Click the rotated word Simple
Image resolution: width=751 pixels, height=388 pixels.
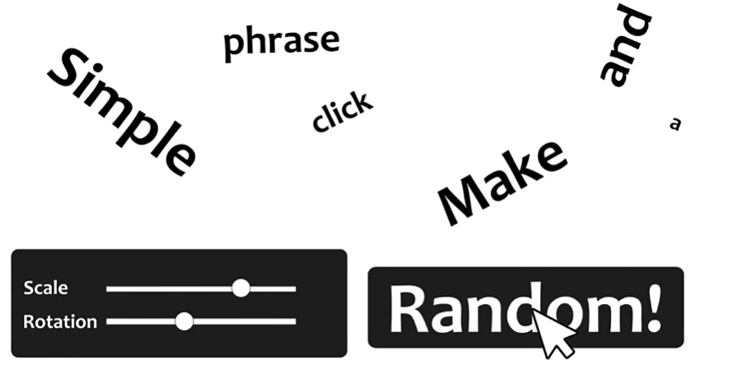pos(122,111)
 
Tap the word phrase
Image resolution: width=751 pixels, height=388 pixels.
pos(281,41)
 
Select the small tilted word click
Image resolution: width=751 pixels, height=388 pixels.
pos(342,112)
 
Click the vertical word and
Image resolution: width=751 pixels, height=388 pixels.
pos(626,45)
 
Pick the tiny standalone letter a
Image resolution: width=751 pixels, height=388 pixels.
pos(675,124)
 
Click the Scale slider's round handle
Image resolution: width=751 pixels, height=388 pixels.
pos(240,288)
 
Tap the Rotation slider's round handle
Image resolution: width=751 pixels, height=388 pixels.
pos(184,321)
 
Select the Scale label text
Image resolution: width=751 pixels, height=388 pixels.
pos(46,288)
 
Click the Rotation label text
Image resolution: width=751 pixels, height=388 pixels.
pos(60,321)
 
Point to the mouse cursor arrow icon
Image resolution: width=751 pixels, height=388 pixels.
pos(552,333)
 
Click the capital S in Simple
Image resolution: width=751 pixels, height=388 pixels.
pos(68,71)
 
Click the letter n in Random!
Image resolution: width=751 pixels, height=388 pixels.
pos(483,311)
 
